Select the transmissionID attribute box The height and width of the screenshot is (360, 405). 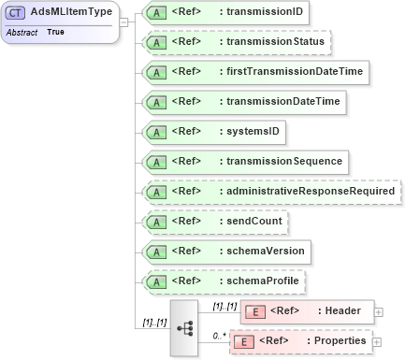(225, 13)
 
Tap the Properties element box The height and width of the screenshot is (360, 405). (300, 341)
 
